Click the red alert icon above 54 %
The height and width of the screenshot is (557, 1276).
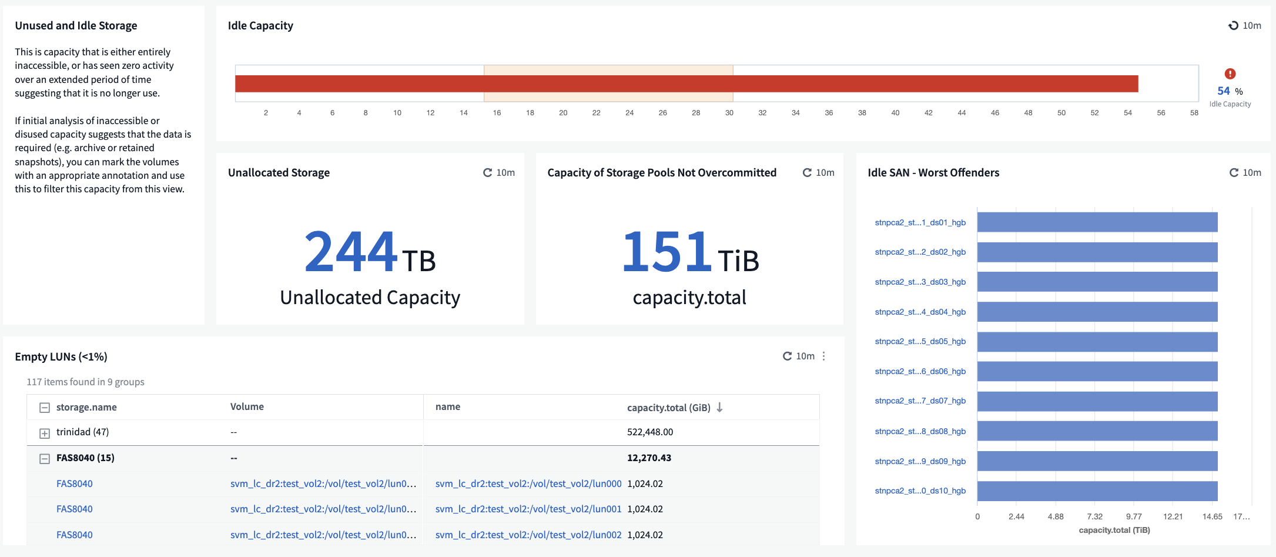click(x=1230, y=74)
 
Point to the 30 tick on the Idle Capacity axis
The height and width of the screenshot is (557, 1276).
click(x=729, y=112)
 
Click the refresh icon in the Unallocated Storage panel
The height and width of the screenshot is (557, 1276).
click(x=487, y=172)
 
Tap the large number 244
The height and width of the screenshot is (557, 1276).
click(x=351, y=251)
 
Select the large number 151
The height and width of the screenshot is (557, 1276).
click(x=667, y=251)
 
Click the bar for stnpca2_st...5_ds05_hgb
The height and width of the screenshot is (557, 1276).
click(x=1097, y=342)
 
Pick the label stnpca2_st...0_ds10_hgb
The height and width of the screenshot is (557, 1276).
click(x=920, y=491)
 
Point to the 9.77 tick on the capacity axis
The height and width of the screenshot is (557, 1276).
click(x=1134, y=516)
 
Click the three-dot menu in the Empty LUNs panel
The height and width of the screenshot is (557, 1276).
click(x=823, y=356)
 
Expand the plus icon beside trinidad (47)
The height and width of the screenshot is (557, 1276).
click(x=44, y=433)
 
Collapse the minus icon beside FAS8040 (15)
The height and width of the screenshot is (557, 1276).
click(x=44, y=459)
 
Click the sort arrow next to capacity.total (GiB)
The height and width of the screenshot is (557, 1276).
click(x=719, y=407)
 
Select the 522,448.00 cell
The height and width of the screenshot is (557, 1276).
click(x=650, y=432)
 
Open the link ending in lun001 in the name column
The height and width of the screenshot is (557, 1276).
click(x=528, y=509)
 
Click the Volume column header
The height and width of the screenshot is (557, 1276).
click(x=247, y=406)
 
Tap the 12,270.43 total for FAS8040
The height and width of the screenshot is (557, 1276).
click(x=649, y=458)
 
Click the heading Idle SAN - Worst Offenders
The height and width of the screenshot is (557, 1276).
click(x=933, y=172)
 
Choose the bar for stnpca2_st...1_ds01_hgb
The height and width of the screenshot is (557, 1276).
click(x=1097, y=222)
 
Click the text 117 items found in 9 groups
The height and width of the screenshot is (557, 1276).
click(x=85, y=382)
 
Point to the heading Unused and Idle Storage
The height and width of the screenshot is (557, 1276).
click(x=76, y=25)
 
